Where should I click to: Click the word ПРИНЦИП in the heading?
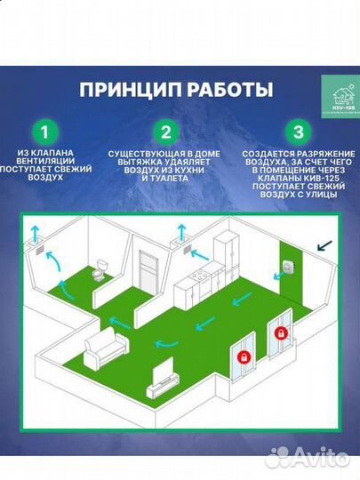pos(128,90)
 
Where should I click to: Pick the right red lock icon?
pos(282,332)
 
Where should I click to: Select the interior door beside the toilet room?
pos(147,267)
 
